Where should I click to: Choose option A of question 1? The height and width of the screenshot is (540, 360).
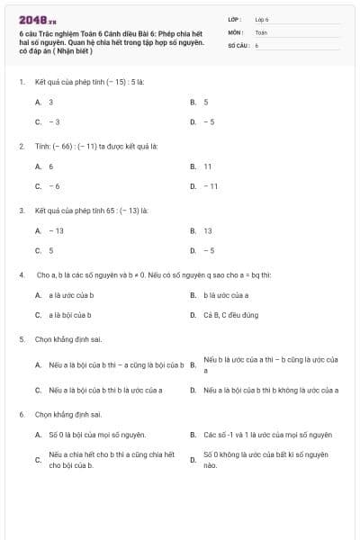tap(44, 103)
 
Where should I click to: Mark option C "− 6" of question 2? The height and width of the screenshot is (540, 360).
tap(49, 186)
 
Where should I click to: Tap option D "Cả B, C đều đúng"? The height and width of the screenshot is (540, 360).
tap(224, 315)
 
